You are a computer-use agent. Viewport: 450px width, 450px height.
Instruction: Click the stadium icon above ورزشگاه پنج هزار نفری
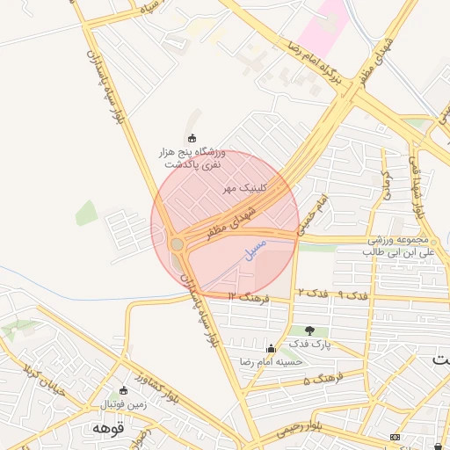pyautogui.click(x=192, y=138)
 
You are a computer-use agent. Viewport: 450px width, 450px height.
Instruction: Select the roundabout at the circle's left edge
pyautogui.click(x=178, y=243)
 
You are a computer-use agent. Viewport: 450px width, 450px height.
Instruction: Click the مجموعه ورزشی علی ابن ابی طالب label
pyautogui.click(x=399, y=246)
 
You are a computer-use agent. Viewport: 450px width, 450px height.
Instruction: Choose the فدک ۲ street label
pyautogui.click(x=307, y=292)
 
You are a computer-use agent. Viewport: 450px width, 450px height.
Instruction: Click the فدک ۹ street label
pyautogui.click(x=338, y=294)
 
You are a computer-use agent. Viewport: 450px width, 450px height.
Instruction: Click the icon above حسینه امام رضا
pyautogui.click(x=271, y=348)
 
